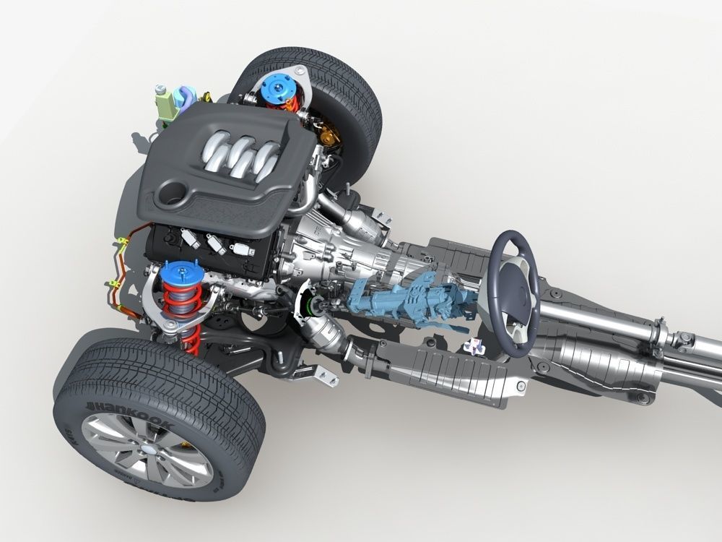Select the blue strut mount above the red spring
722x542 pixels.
click(x=178, y=274)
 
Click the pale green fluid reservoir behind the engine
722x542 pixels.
click(x=168, y=106)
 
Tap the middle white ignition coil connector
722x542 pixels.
click(x=214, y=243)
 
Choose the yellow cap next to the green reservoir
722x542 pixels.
click(x=206, y=96)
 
